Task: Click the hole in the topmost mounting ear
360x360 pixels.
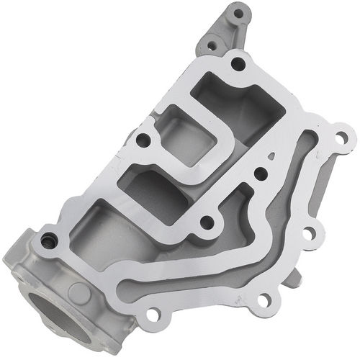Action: point(239,13)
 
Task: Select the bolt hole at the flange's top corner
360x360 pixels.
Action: point(238,64)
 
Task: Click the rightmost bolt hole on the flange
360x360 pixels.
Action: point(341,137)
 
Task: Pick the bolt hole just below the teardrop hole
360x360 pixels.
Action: point(261,174)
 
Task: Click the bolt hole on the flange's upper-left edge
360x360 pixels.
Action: point(143,140)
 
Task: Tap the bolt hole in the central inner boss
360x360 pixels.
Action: point(207,222)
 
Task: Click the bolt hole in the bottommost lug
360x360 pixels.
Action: point(264,299)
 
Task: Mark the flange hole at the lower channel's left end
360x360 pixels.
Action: point(153,314)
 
